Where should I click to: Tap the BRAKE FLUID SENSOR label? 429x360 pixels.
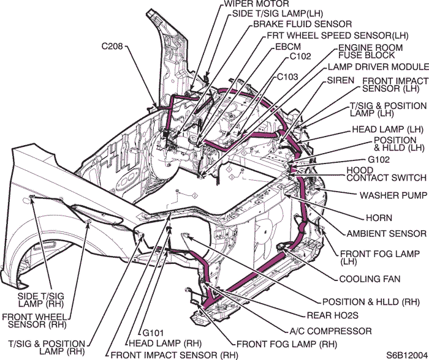pyautogui.click(x=291, y=24)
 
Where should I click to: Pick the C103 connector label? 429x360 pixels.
pyautogui.click(x=287, y=77)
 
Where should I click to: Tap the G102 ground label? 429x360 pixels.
pyautogui.click(x=379, y=159)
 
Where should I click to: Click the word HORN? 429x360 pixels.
pyautogui.click(x=379, y=217)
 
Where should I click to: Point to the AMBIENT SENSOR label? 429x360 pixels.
pyautogui.click(x=386, y=233)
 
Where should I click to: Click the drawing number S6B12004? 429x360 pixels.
pyautogui.click(x=406, y=354)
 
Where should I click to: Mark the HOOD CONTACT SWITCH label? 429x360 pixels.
pyautogui.click(x=385, y=174)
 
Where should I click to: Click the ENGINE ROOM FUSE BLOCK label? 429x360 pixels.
pyautogui.click(x=371, y=52)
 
